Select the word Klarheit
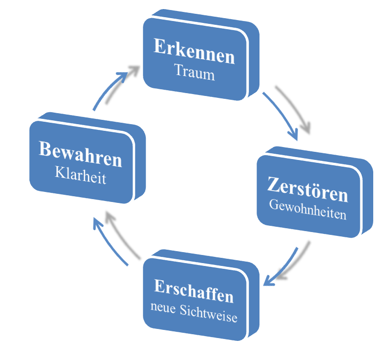[x=80, y=176]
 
